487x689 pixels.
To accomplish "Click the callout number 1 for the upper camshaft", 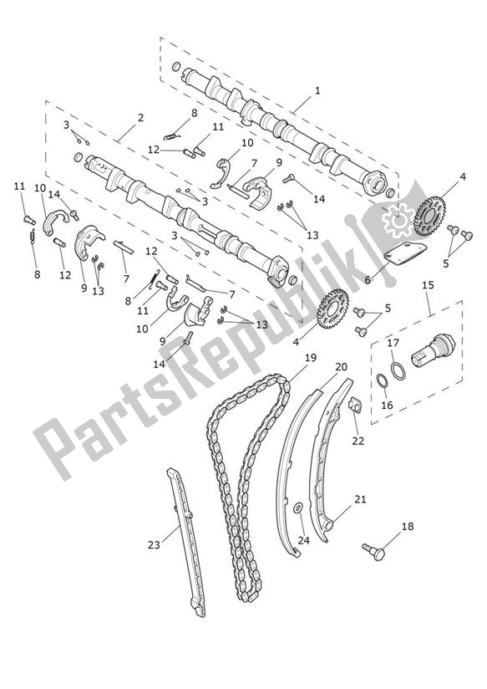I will point(317,90).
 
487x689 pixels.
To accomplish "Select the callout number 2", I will point(140,118).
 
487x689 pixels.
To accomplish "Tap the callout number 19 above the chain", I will point(287,358).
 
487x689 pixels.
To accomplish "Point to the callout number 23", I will point(153,545).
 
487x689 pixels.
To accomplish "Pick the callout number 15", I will point(429,286).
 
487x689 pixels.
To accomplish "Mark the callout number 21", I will point(360,499).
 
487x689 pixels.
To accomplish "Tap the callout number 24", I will point(304,541).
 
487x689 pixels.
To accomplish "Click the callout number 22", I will point(358,441).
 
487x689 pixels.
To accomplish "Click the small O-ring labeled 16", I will point(381,383).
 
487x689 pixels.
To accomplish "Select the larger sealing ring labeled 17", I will point(400,370).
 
